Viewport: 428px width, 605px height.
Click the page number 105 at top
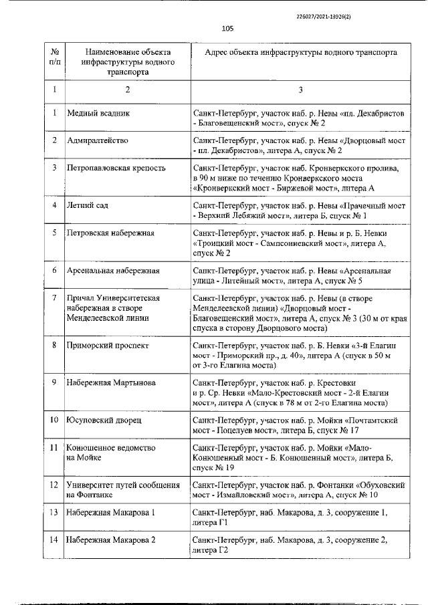[x=227, y=28]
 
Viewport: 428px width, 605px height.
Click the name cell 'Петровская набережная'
[x=110, y=233]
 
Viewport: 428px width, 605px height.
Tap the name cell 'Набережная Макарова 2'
[x=111, y=539]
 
